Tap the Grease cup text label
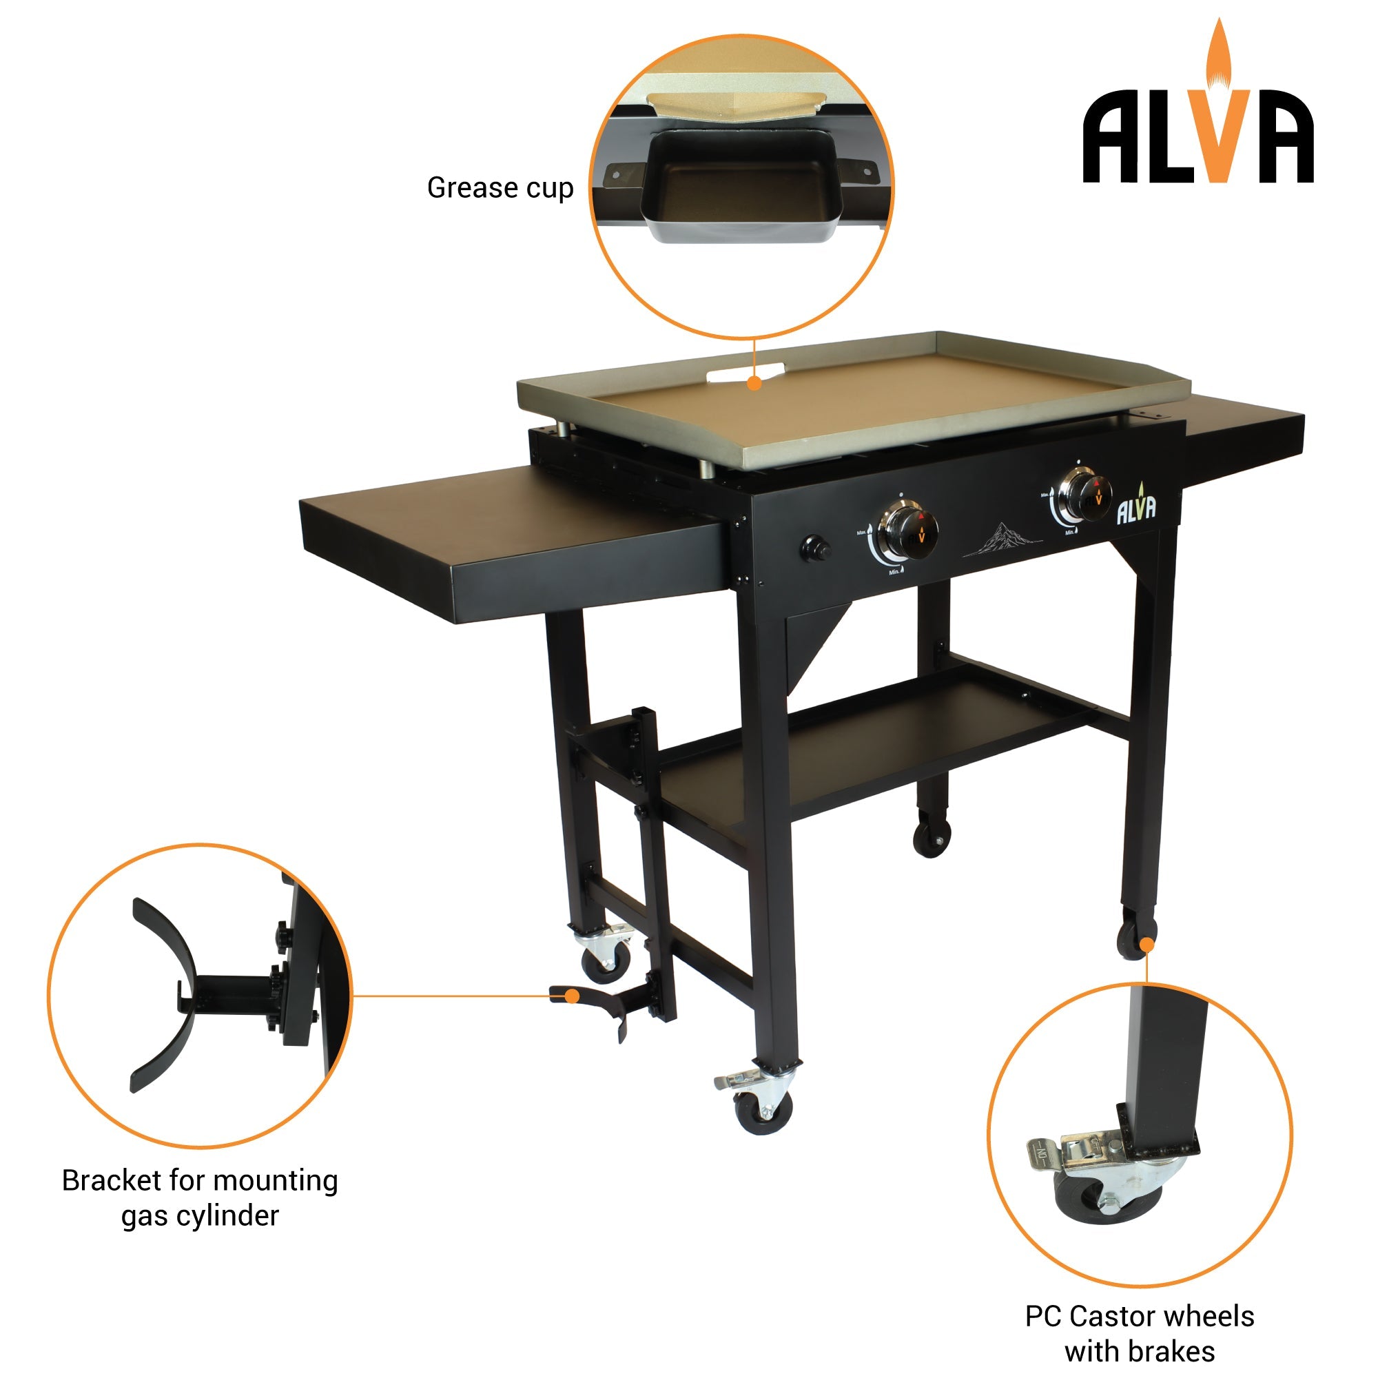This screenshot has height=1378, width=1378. (500, 188)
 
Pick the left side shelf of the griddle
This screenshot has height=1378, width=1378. (513, 542)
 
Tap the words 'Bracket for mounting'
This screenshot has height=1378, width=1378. (200, 1181)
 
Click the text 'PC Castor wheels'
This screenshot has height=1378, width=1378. (1139, 1317)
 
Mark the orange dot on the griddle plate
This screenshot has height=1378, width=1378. (754, 384)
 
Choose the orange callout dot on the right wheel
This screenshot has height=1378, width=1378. (1147, 946)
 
